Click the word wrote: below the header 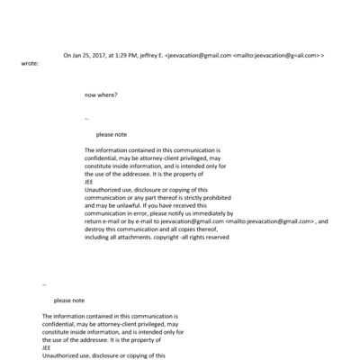tap(30, 64)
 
